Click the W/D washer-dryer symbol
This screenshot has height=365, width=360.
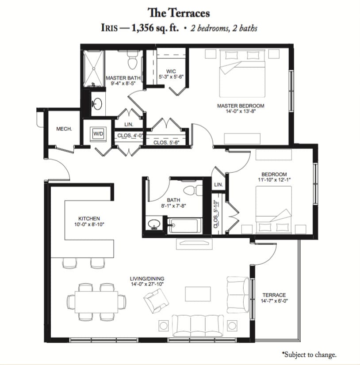tap(98, 134)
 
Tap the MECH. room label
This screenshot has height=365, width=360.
tap(64, 129)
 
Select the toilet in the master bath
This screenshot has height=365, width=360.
tap(133, 60)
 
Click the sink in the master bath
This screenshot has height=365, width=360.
tap(97, 103)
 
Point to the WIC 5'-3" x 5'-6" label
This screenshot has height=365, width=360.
tap(171, 74)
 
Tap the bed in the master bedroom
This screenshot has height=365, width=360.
tap(242, 73)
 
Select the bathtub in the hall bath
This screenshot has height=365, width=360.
tap(183, 225)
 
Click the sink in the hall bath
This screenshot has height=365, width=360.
tap(154, 224)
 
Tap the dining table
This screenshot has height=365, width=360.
tap(96, 302)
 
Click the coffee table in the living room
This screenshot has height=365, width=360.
tap(198, 294)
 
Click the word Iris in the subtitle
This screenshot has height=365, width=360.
tap(109, 28)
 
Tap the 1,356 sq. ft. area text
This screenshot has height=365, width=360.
tap(155, 28)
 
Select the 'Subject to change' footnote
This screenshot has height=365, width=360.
tap(309, 354)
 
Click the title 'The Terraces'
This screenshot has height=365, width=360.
tap(179, 13)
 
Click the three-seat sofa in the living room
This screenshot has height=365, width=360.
tap(198, 326)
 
